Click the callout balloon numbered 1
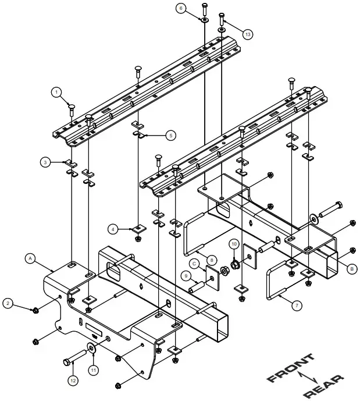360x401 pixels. point(56,91)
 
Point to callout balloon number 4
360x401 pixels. point(115,229)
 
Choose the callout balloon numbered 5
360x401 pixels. point(170,136)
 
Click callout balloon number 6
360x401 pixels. point(181,9)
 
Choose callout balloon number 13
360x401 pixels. point(248,35)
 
